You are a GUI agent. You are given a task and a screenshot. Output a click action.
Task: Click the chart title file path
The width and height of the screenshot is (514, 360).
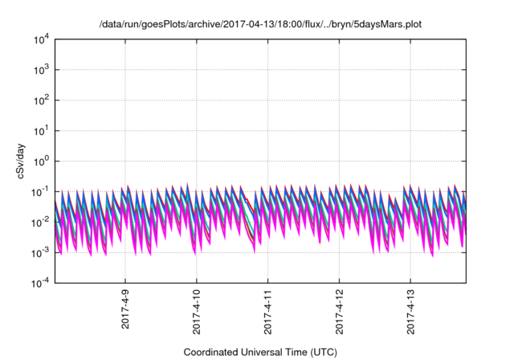[260, 24]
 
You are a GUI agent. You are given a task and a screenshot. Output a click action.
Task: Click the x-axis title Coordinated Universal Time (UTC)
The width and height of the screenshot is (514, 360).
[260, 353]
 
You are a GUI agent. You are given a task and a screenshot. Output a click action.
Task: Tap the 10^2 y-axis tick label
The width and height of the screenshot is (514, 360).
[41, 101]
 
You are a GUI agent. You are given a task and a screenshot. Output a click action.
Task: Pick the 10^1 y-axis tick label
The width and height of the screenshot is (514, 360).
[41, 131]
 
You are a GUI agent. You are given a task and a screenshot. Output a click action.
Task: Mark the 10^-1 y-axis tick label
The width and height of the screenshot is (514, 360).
[39, 192]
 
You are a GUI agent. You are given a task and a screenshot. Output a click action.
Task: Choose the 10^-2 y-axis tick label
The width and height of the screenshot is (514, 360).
[39, 223]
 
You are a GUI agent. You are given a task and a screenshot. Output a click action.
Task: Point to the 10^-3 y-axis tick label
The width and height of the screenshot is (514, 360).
[39, 252]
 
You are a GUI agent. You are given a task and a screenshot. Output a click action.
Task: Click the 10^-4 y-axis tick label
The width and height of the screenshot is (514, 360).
[39, 283]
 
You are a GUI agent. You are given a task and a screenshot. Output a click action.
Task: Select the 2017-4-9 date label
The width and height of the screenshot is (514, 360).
[126, 309]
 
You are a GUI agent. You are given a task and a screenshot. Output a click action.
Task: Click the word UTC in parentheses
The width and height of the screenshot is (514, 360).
[322, 353]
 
